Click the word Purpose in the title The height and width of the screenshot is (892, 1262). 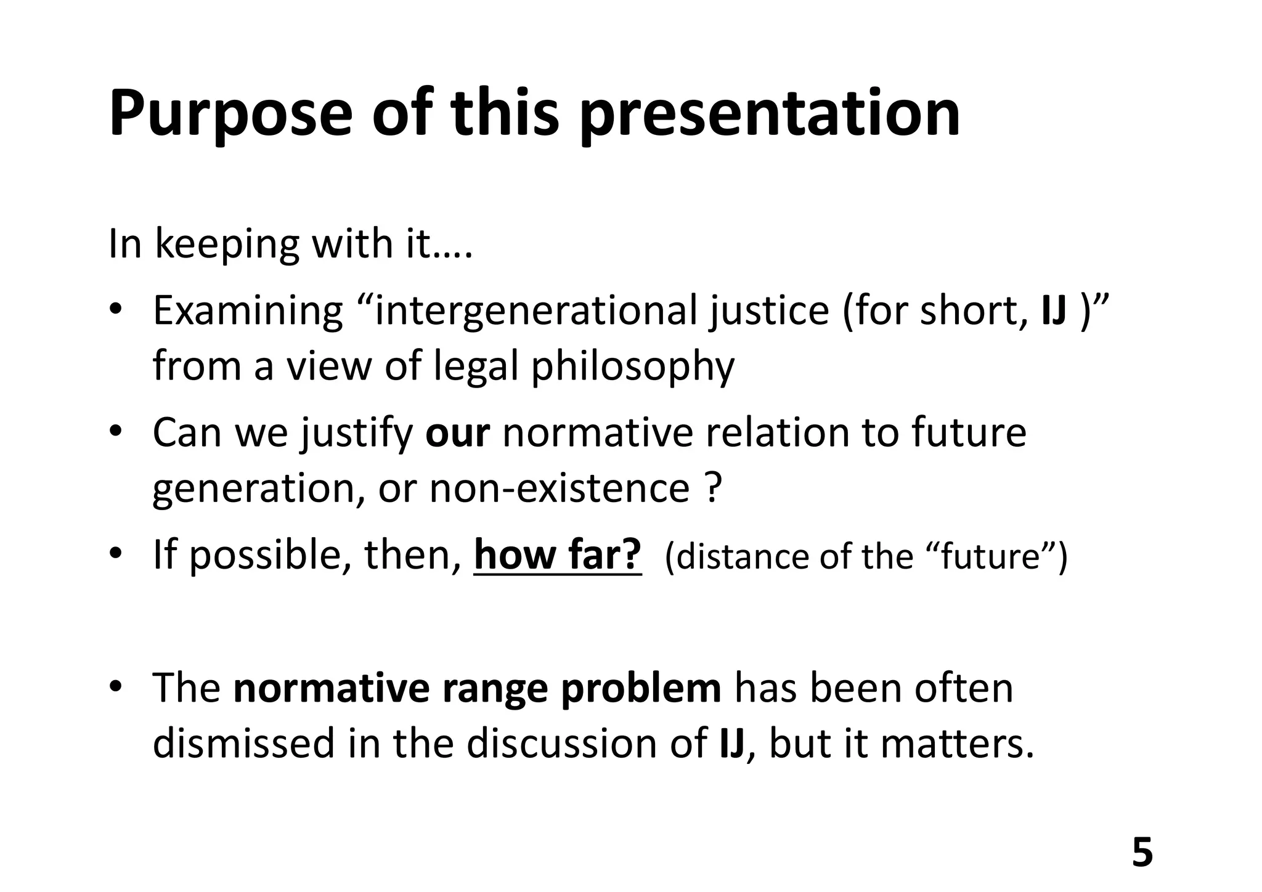click(x=230, y=115)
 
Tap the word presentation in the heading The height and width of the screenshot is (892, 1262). click(x=770, y=115)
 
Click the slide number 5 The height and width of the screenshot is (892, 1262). click(x=1142, y=853)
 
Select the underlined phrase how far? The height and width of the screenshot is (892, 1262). click(x=558, y=555)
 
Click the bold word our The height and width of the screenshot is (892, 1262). click(x=457, y=432)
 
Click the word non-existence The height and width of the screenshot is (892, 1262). click(x=559, y=488)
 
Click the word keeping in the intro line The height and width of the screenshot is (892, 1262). click(x=226, y=245)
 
